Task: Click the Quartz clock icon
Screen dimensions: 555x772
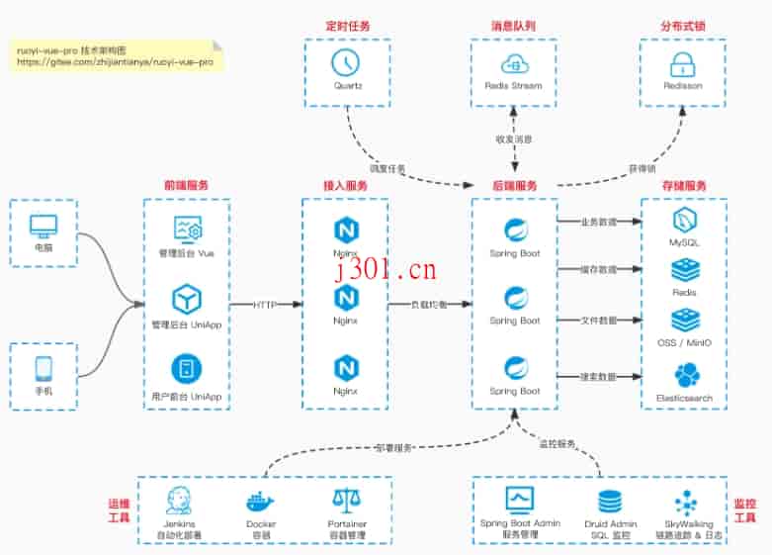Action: (347, 62)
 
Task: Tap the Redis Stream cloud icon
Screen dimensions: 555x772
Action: (514, 63)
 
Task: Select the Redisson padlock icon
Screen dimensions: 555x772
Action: (682, 64)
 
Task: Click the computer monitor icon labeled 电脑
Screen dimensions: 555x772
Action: (43, 226)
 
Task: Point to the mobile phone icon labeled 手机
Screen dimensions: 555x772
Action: (43, 368)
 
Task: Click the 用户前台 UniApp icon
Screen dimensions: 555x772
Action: (187, 370)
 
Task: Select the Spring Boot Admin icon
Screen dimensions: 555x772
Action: (519, 499)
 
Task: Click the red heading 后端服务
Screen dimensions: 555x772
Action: (515, 186)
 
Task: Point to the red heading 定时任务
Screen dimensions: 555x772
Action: (346, 25)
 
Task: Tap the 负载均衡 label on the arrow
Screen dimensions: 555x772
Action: (429, 305)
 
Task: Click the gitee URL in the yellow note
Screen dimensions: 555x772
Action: (115, 61)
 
